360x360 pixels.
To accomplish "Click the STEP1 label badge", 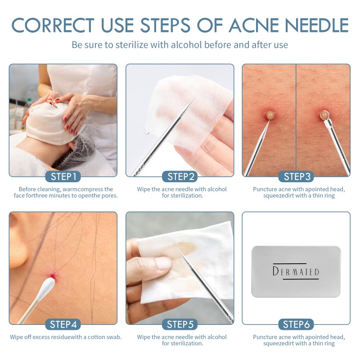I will (63, 176).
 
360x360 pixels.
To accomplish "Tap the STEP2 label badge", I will (180, 176).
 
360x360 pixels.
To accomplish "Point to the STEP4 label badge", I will (63, 324).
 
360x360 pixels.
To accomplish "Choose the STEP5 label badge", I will (180, 324).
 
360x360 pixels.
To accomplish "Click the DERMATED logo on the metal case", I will (296, 271).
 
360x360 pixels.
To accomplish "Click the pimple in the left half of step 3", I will (270, 115).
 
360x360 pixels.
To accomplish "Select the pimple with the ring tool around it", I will (324, 116).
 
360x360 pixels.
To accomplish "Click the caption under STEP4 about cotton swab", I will (66, 337).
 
